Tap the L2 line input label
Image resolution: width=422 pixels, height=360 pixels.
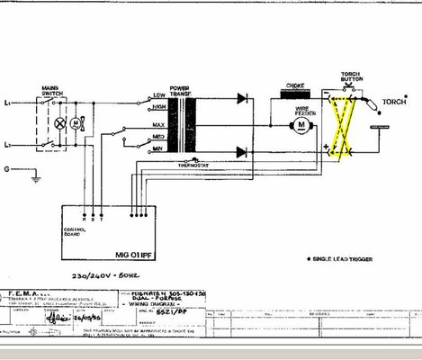[8, 143]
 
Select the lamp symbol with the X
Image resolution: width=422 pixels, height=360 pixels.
[60, 121]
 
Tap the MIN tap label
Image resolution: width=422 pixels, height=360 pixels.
[157, 147]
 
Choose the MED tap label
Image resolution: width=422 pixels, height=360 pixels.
[158, 137]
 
